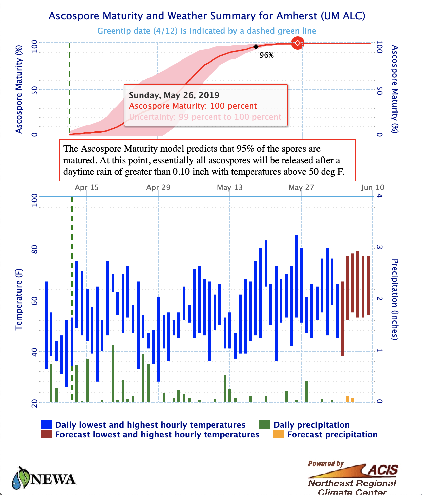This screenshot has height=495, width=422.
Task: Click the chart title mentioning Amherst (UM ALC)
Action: tap(207, 16)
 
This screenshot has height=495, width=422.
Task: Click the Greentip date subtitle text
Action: tap(207, 31)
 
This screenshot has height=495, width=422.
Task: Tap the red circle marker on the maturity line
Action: tap(297, 43)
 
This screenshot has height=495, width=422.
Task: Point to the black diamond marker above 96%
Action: tap(256, 47)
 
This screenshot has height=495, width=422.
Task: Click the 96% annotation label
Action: tap(267, 55)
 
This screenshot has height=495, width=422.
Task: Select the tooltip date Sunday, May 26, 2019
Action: tap(174, 95)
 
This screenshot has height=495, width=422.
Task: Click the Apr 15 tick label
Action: tap(87, 187)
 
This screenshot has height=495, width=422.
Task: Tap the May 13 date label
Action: tap(230, 187)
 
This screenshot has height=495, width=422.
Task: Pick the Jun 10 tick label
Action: tap(372, 187)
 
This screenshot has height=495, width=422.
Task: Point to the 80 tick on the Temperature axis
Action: tap(35, 249)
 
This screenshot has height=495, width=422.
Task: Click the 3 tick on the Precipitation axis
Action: tap(379, 248)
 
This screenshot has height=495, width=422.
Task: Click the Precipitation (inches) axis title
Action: tap(395, 299)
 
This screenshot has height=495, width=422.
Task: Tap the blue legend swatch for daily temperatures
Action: tap(46, 424)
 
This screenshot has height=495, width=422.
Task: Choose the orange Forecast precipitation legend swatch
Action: tap(279, 434)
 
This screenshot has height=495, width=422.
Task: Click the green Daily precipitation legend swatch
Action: tap(264, 424)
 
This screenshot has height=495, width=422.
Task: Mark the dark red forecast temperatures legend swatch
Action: tap(46, 434)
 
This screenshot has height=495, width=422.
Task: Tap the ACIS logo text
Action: tap(383, 470)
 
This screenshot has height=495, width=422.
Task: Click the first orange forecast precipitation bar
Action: tap(347, 399)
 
